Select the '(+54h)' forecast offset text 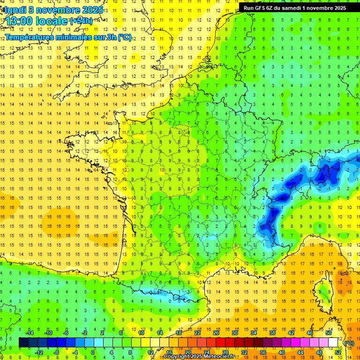pos(81,21)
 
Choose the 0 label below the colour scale pos(93,352)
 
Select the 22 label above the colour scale pos(198,332)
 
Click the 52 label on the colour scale pos(338,352)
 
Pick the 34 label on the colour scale pos(254,332)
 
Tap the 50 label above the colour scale pos(329,332)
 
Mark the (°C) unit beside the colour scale pos(349,343)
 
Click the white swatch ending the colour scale pos(333,343)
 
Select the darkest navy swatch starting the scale pos(23,343)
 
